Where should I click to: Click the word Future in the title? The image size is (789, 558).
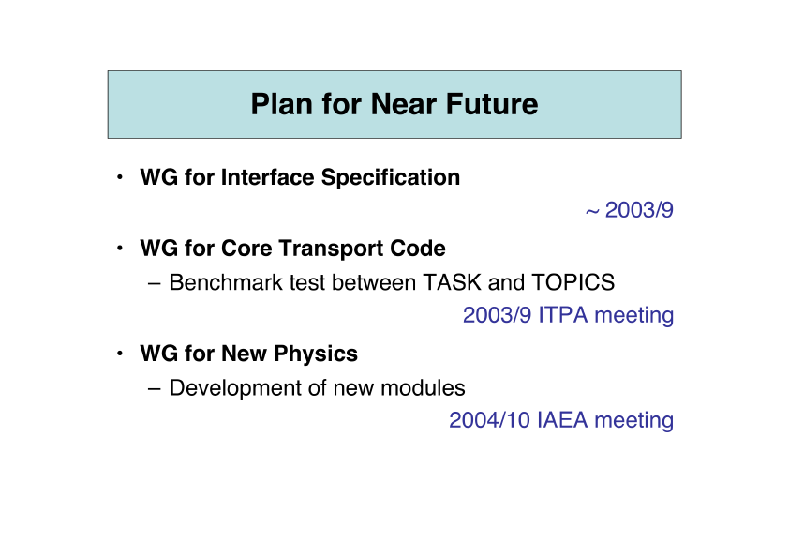[492, 104]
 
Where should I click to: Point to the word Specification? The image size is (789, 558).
[391, 178]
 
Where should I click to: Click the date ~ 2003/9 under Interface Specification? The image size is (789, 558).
[629, 210]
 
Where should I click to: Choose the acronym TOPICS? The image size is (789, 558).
[573, 282]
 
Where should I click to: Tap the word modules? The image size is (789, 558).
[423, 387]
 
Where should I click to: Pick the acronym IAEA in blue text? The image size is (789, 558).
[562, 420]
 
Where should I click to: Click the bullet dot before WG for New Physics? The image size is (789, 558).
[119, 354]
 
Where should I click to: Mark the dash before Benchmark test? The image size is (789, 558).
[155, 283]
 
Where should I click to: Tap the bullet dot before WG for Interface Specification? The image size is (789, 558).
[119, 177]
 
